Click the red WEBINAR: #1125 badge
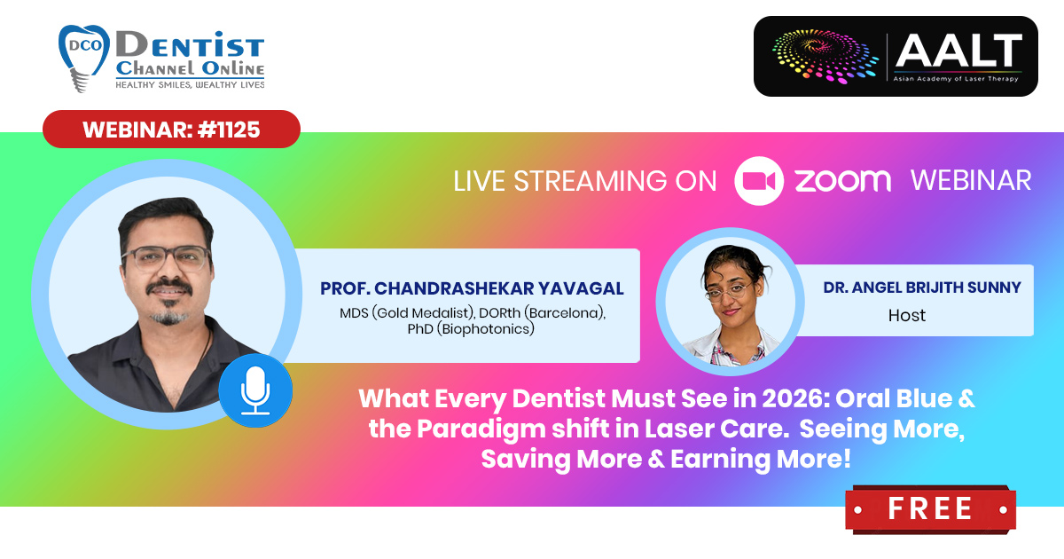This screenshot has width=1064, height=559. point(171,130)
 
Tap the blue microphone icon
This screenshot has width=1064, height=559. point(255,390)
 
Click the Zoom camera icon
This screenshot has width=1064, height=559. point(759,181)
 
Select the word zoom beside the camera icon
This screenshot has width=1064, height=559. point(842,181)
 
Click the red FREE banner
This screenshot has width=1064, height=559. point(930,508)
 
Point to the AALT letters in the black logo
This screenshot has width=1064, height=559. point(958,51)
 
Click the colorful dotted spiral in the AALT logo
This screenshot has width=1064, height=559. point(825,56)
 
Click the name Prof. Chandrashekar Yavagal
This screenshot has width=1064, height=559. point(472,288)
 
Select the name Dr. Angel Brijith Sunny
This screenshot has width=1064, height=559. point(922,287)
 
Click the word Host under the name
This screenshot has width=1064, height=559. point(907,315)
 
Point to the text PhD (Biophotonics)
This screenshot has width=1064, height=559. point(471,329)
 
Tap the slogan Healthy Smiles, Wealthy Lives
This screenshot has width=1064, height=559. point(190,84)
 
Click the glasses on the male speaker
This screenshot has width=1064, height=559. point(166,259)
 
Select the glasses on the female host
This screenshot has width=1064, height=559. point(730,290)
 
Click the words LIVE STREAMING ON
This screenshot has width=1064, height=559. point(584,181)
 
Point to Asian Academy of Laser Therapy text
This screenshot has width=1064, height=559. point(956,79)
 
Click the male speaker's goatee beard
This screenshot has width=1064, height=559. point(168,317)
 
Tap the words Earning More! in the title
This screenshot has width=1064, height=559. point(761,460)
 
